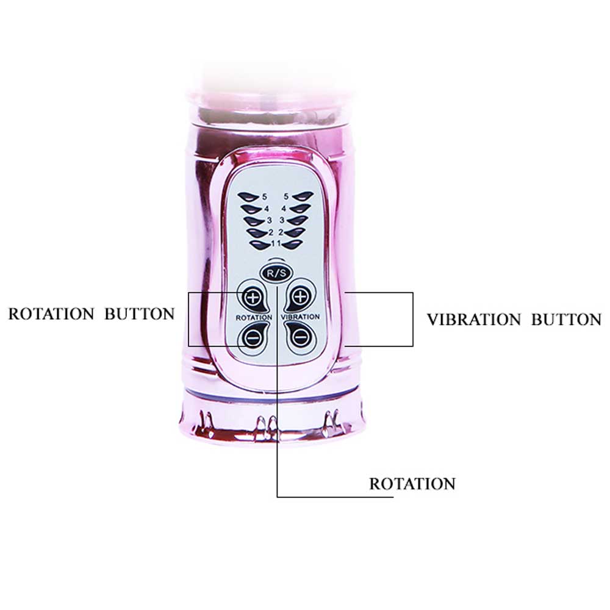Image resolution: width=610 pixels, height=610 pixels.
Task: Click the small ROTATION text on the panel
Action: point(254,318)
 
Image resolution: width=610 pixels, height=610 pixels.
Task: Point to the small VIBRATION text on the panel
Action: point(300,317)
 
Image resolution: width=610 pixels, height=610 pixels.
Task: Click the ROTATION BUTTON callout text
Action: point(91,314)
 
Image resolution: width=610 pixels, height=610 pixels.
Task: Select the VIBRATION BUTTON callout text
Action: point(514,320)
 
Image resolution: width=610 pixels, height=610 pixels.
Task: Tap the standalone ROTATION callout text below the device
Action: point(412,484)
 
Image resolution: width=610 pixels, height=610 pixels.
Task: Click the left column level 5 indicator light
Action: point(249,196)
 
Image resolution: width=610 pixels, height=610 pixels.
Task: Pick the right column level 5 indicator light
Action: point(303,196)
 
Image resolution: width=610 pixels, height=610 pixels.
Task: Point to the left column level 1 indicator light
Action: point(260,245)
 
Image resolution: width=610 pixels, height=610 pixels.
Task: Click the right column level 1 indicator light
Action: point(292,245)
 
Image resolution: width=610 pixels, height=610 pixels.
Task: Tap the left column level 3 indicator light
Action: point(255,221)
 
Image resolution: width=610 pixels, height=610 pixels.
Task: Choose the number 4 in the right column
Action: point(284,209)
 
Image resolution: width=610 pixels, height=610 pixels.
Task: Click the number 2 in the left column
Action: point(271,232)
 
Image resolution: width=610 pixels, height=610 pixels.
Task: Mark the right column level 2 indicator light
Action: point(295,232)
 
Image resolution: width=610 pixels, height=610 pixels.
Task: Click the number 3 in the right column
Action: point(282,220)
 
